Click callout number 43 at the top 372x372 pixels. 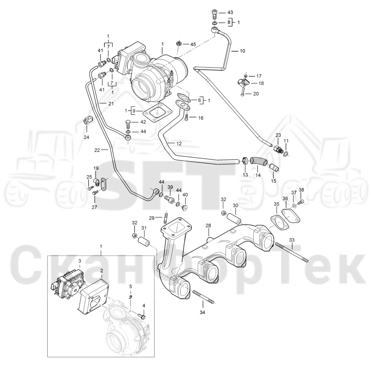click(x=230, y=12)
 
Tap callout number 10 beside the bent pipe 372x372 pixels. click(x=242, y=51)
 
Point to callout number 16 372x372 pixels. click(x=201, y=118)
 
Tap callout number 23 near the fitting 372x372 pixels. click(x=278, y=135)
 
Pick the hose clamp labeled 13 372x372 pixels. click(x=245, y=160)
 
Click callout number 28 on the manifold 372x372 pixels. click(x=208, y=226)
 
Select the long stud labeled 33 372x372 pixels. click(x=291, y=252)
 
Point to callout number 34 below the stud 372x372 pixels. click(x=202, y=312)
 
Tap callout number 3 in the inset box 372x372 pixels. click(x=80, y=261)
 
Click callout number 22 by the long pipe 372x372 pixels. click(x=97, y=150)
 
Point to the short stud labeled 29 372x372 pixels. click(x=166, y=218)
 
